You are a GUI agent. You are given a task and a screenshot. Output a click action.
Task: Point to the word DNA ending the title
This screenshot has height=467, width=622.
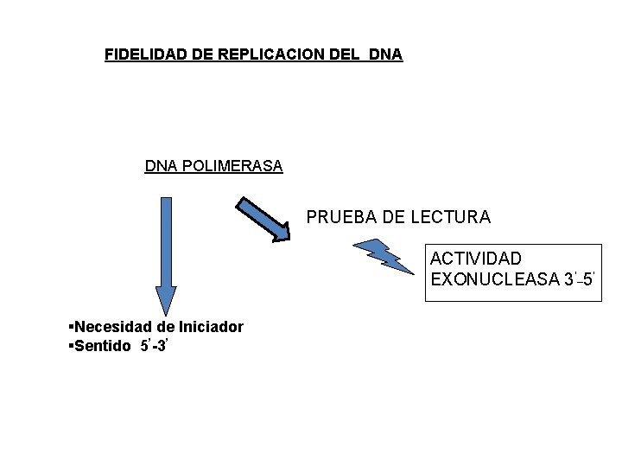tap(384, 54)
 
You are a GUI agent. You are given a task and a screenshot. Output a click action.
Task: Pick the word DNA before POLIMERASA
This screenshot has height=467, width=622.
tap(159, 166)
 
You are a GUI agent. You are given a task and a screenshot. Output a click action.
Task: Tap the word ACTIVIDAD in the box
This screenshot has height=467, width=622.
tap(476, 259)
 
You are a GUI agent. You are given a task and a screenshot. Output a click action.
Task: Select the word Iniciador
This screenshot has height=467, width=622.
tap(211, 327)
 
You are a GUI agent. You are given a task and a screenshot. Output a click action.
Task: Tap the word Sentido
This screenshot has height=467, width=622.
tap(102, 346)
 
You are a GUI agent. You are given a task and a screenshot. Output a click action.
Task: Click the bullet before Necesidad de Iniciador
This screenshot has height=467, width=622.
tap(70, 327)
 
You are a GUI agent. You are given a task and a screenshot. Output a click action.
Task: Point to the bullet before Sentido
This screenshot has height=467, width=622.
tap(70, 346)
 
